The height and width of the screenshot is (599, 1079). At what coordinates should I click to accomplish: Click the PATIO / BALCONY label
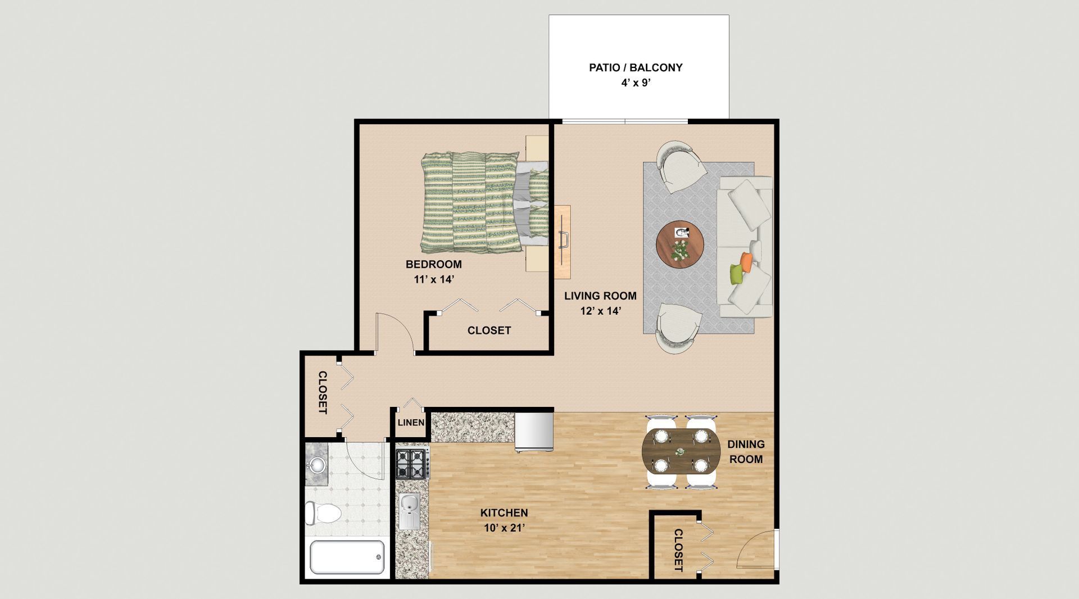636,67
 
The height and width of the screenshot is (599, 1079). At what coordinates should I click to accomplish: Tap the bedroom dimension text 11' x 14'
434,279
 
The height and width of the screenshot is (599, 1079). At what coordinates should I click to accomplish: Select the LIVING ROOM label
600,296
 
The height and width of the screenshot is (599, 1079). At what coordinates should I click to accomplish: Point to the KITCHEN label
504,512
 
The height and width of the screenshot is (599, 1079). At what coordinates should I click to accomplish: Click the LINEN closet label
411,423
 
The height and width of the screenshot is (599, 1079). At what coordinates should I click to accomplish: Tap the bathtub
347,557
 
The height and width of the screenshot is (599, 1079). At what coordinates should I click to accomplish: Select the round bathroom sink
317,465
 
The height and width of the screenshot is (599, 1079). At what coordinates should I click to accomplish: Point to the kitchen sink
410,511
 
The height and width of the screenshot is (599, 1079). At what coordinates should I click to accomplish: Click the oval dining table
681,451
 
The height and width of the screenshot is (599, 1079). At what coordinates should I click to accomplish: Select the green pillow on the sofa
736,274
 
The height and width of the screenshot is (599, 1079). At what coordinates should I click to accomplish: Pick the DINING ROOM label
746,452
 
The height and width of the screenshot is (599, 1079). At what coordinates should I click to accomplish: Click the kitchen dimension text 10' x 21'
504,528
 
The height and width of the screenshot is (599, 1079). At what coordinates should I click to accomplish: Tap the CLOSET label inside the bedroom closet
489,330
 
